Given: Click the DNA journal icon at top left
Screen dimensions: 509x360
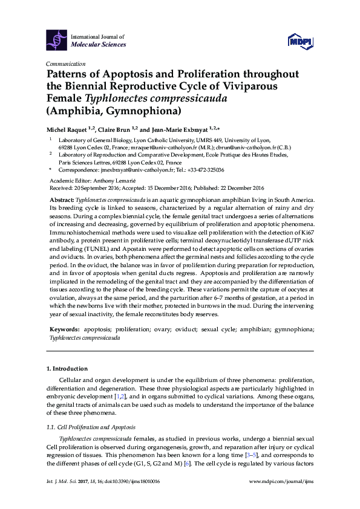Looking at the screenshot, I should click(x=57, y=40).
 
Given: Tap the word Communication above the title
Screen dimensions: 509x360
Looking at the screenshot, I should click(x=66, y=63).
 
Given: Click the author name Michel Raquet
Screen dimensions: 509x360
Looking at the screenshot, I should click(x=66, y=129).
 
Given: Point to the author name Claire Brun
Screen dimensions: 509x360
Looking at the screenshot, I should click(x=114, y=129).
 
